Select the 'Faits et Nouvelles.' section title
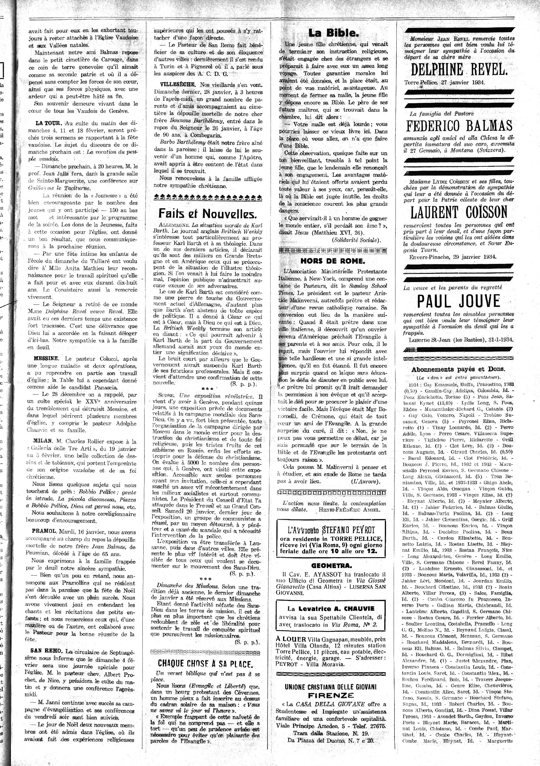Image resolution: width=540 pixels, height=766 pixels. [207, 213]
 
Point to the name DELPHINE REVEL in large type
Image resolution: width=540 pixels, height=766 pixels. [459, 70]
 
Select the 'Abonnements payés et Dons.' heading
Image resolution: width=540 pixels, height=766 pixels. [458, 369]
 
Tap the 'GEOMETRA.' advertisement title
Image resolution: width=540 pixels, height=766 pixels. [331, 566]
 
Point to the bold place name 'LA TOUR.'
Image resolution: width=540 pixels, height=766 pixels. [49, 123]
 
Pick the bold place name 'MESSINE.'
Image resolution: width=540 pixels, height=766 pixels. [46, 359]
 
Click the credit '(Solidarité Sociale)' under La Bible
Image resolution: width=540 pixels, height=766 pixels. [356, 240]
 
